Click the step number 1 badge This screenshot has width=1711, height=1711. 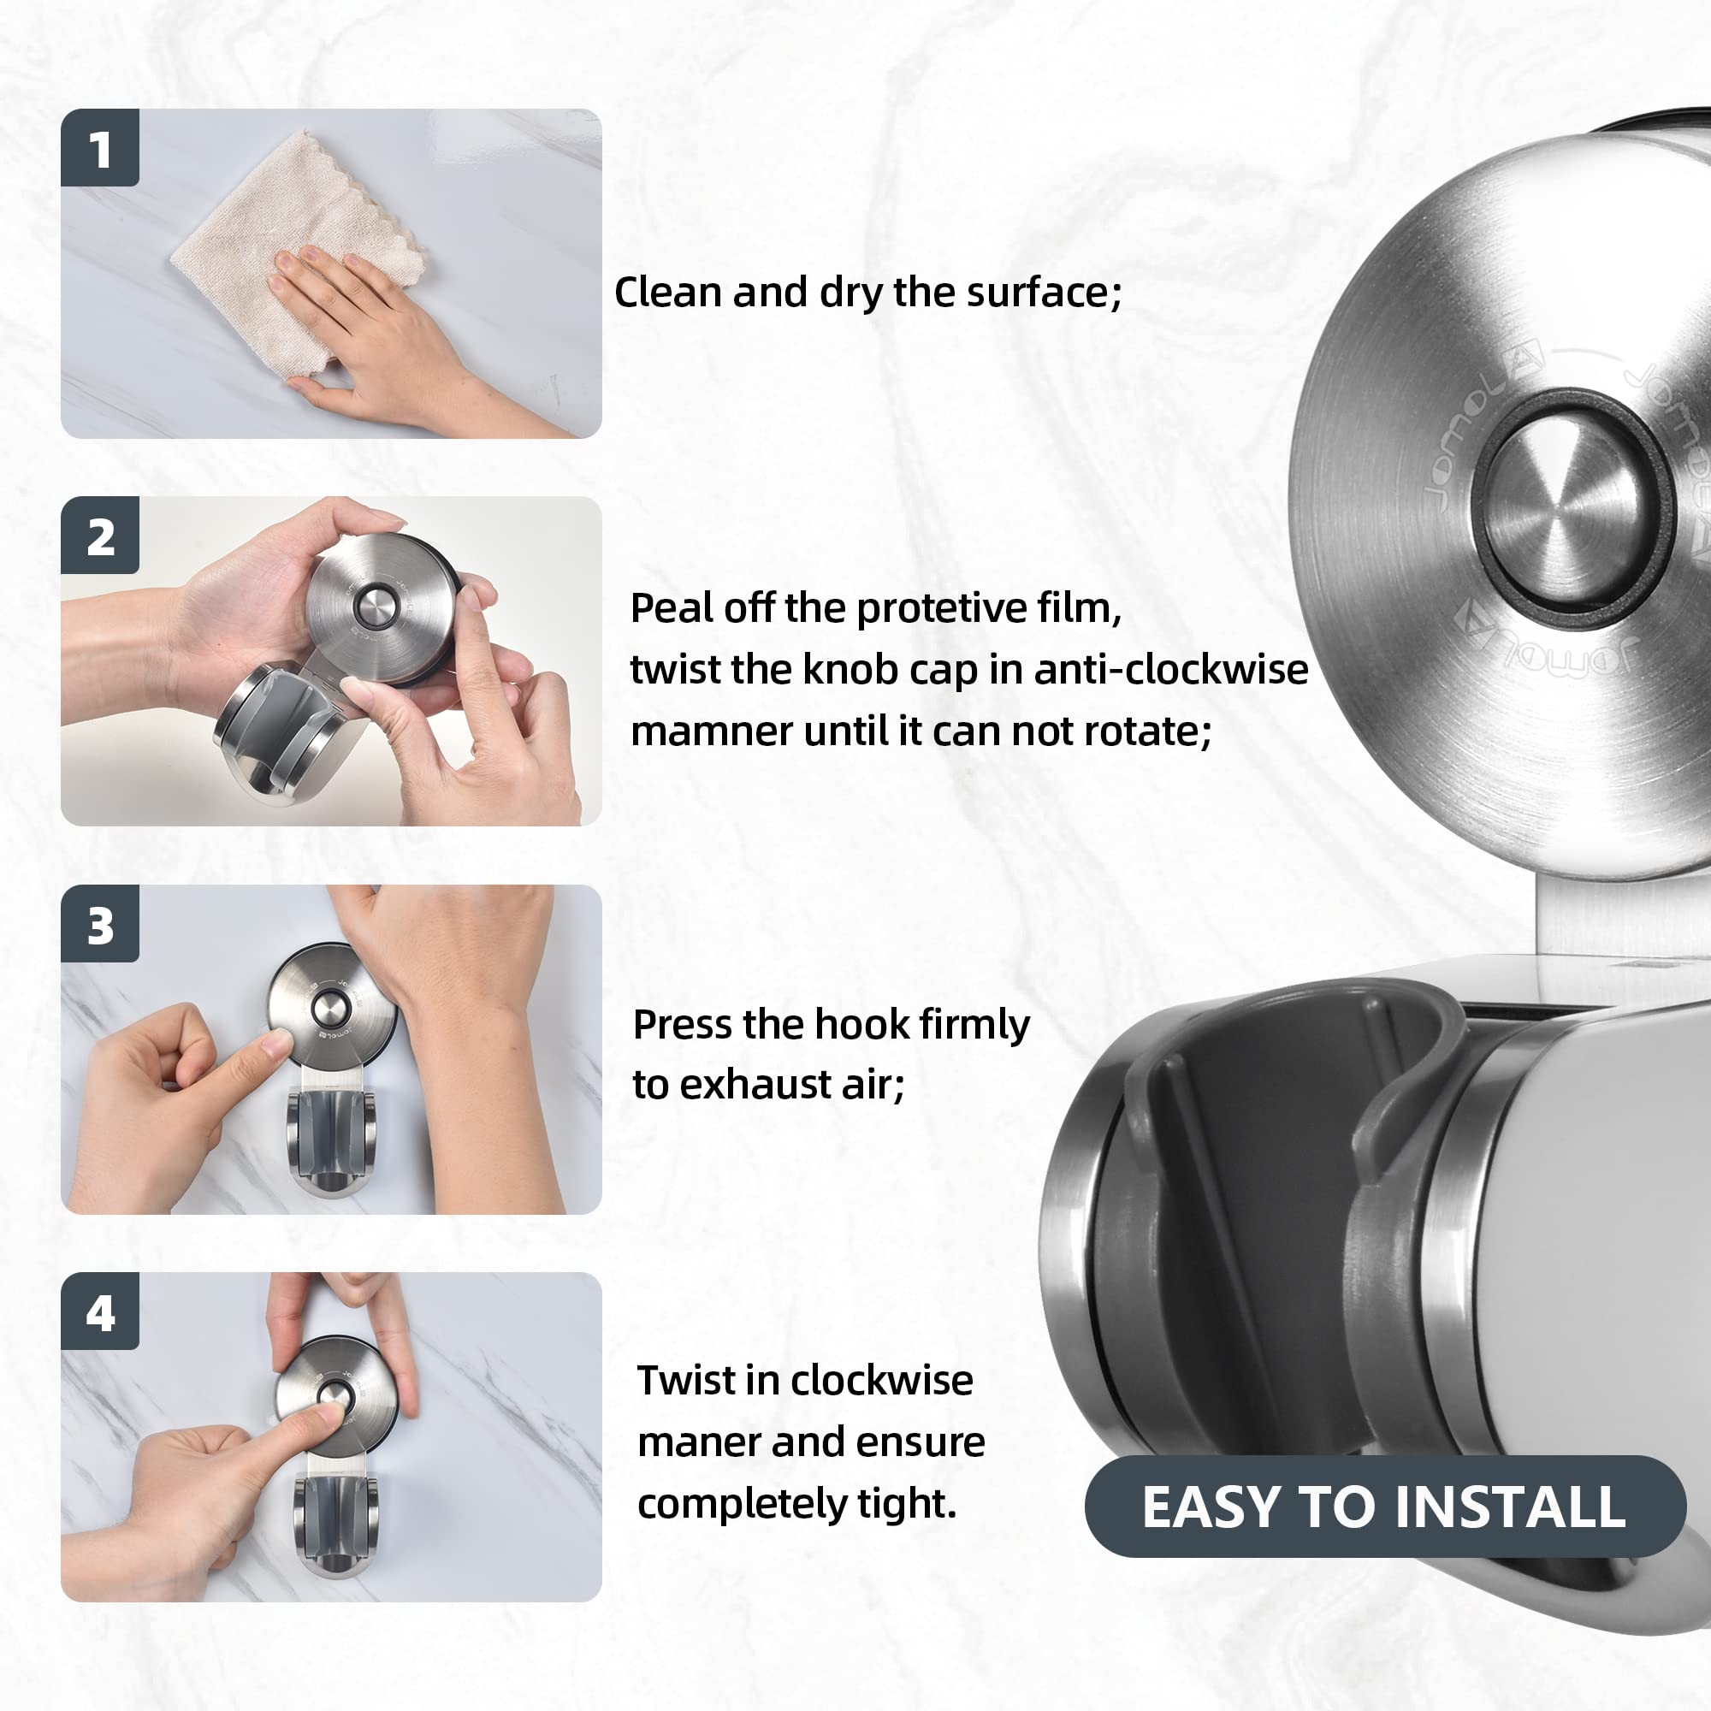click(x=100, y=148)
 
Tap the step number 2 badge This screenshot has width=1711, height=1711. click(x=100, y=536)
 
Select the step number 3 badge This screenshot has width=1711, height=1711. click(x=100, y=924)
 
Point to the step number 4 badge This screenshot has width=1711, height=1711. click(x=100, y=1311)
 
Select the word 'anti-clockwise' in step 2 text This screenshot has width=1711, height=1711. click(x=1172, y=670)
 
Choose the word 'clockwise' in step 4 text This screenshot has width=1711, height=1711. click(x=881, y=1381)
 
